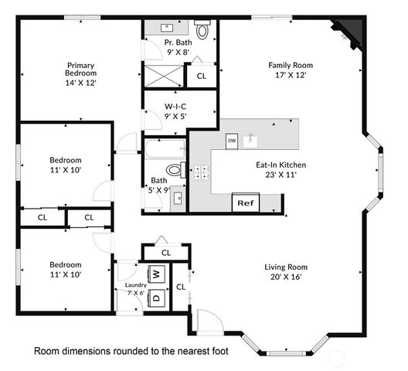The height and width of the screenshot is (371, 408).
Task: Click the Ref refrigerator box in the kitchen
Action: pyautogui.click(x=245, y=203)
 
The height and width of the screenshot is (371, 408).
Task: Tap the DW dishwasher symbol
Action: pyautogui.click(x=232, y=141)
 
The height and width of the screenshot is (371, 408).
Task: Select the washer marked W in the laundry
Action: pyautogui.click(x=156, y=274)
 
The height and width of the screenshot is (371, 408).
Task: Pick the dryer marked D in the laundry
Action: pyautogui.click(x=156, y=296)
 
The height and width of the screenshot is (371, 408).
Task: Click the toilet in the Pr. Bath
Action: pyautogui.click(x=202, y=32)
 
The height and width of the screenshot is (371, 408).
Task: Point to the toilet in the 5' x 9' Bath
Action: pyautogui.click(x=174, y=170)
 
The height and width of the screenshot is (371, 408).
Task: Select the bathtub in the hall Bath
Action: pyautogui.click(x=164, y=148)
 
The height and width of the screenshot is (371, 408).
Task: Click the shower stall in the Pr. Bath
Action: pyautogui.click(x=164, y=75)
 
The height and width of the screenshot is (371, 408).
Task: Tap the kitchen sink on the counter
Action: pyautogui.click(x=250, y=141)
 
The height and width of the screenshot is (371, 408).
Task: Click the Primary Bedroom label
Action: pyautogui.click(x=80, y=73)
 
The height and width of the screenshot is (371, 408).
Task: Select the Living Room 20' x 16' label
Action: pyautogui.click(x=286, y=271)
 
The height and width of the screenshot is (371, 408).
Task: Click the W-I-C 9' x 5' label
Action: pyautogui.click(x=175, y=111)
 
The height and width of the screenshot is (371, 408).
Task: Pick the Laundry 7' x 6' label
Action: pyautogui.click(x=134, y=288)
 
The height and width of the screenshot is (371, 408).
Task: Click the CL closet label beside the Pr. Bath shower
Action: pyautogui.click(x=201, y=76)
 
